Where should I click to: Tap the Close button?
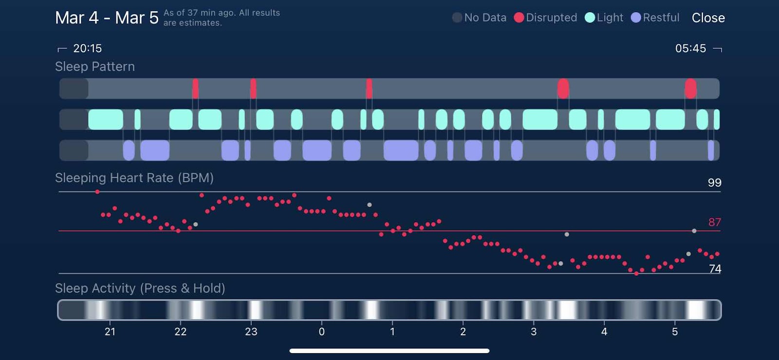[x=708, y=18]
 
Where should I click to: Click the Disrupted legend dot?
[x=519, y=18]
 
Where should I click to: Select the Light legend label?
[x=610, y=18]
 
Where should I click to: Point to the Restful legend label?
[x=661, y=18]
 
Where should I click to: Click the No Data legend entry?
[x=479, y=18]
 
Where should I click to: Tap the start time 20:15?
[x=87, y=48]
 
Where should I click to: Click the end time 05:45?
[x=691, y=48]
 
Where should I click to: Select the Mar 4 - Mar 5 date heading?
[x=107, y=18]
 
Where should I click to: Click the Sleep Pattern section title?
[x=95, y=66]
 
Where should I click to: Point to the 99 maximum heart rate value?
[x=715, y=183]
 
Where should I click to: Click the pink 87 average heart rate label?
[x=715, y=222]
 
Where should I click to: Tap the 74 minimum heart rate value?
[x=715, y=269]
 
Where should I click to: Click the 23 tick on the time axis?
[x=251, y=331]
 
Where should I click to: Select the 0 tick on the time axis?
[x=322, y=331]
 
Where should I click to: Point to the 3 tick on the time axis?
[x=534, y=331]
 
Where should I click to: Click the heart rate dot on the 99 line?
[x=97, y=191]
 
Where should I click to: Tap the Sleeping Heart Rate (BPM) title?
[x=134, y=178]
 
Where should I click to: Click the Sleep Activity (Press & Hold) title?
[x=140, y=288]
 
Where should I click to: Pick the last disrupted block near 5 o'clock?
[x=691, y=88]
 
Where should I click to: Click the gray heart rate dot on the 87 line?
[x=694, y=231]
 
